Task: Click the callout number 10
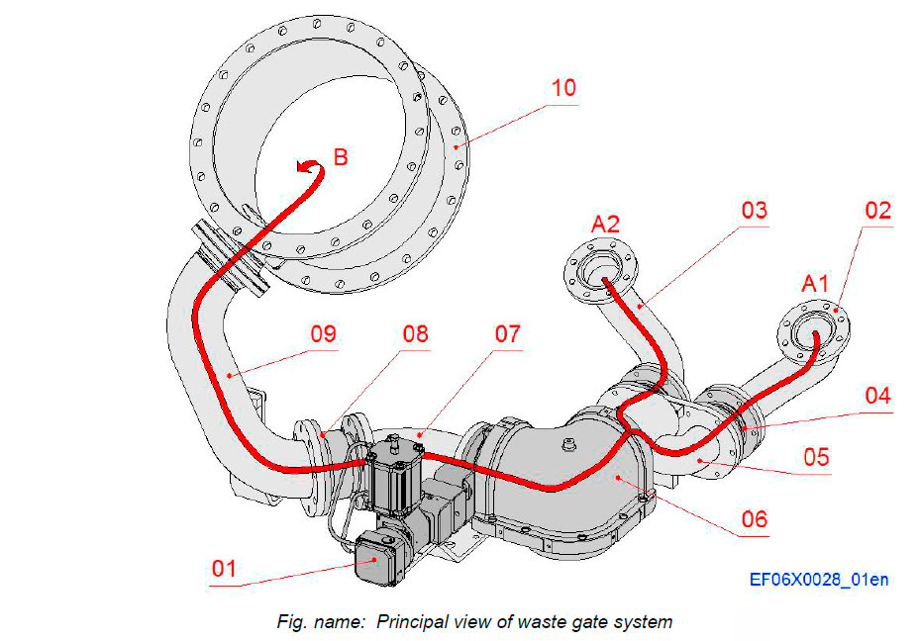click(x=563, y=88)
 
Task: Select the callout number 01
click(x=227, y=568)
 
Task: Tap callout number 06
click(x=754, y=517)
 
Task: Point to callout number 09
click(x=323, y=333)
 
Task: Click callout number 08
click(x=415, y=333)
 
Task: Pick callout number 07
click(x=507, y=333)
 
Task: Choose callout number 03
click(x=754, y=210)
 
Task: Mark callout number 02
click(x=877, y=210)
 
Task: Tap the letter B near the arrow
click(x=340, y=157)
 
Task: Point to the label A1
click(x=815, y=285)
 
